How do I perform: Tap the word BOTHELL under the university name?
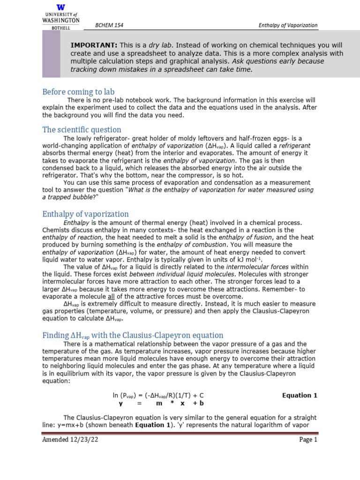coord(61,28)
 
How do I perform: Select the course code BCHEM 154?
coord(109,25)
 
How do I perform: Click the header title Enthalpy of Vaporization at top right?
coord(288,25)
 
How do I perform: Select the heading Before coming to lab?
coord(78,92)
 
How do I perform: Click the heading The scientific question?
coord(82,129)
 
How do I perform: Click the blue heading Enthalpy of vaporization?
coord(85,214)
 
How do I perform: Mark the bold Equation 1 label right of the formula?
coord(300,395)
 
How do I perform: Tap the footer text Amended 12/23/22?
coord(70,440)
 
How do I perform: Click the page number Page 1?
coord(308,440)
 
